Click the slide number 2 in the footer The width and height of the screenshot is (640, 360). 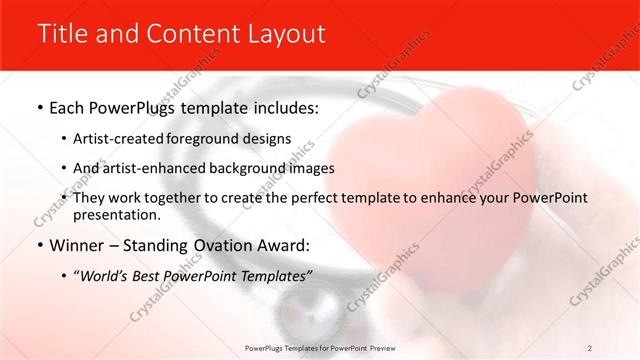click(591, 347)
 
